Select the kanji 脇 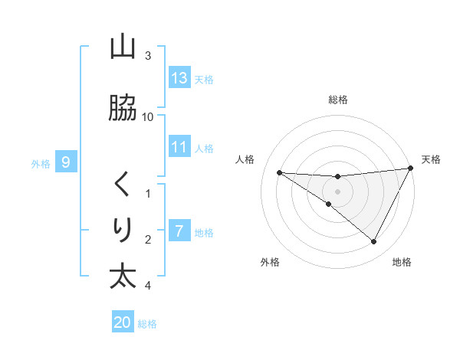point(123,109)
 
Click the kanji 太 point(123,276)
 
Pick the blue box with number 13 point(179,77)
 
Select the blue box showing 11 point(179,147)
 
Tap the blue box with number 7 point(179,231)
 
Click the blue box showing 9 point(67,162)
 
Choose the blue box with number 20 point(123,322)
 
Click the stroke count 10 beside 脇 point(148,116)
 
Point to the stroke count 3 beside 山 point(148,56)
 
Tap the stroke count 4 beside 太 point(148,286)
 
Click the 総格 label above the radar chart point(337,100)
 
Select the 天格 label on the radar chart point(431,159)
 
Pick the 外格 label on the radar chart point(270,262)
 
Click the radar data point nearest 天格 point(411,169)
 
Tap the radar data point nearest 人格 point(279,172)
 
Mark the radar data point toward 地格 point(373,242)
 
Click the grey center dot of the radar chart point(337,191)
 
